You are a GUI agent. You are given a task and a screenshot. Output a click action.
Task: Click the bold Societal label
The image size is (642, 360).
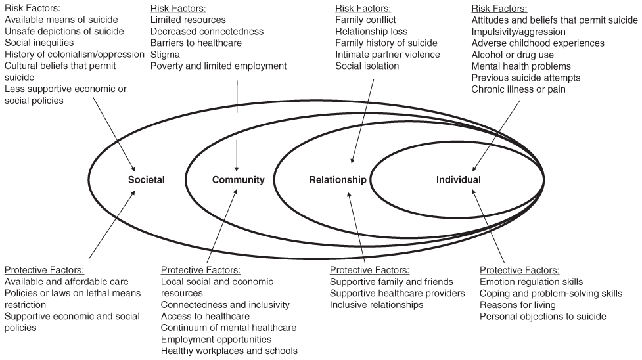pyautogui.click(x=147, y=179)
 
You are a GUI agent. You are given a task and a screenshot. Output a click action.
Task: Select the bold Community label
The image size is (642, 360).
pyautogui.click(x=238, y=179)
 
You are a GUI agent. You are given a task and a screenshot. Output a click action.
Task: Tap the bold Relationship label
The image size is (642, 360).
pyautogui.click(x=338, y=179)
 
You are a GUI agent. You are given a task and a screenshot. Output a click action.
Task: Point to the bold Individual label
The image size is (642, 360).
pyautogui.click(x=458, y=179)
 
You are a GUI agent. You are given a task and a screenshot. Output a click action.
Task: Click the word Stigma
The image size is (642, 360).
pyautogui.click(x=165, y=55)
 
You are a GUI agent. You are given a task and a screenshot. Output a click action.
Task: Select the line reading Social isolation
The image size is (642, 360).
pyautogui.click(x=367, y=66)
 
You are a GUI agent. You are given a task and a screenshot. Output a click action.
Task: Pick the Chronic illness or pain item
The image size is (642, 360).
pyautogui.click(x=518, y=89)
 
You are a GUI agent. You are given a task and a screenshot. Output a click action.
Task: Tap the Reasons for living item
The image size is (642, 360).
pyautogui.click(x=518, y=305)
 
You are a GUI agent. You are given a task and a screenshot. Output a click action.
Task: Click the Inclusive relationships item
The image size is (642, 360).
pyautogui.click(x=377, y=305)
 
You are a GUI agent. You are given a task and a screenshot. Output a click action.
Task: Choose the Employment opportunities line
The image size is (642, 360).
pyautogui.click(x=216, y=340)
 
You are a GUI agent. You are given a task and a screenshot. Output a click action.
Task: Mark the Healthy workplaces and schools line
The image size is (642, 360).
pyautogui.click(x=229, y=351)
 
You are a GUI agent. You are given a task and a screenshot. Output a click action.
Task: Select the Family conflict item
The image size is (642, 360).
pyautogui.click(x=365, y=20)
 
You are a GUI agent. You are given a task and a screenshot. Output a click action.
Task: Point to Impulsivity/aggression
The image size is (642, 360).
pyautogui.click(x=518, y=32)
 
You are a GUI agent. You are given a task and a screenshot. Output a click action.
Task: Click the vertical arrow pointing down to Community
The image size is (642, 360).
pyautogui.click(x=237, y=122)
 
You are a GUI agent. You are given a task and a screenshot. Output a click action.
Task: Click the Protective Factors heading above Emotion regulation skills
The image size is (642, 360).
pyautogui.click(x=519, y=270)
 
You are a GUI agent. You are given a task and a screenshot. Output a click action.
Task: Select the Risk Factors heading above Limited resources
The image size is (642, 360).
pyautogui.click(x=178, y=9)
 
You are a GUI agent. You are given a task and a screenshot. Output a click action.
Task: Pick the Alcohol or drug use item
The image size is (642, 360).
pyautogui.click(x=512, y=55)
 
